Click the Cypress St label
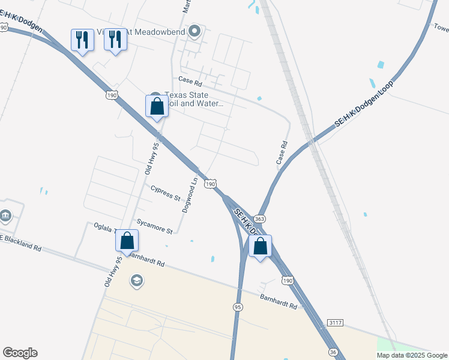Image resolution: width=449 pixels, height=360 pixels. [165, 191]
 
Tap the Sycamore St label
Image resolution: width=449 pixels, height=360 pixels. [155, 225]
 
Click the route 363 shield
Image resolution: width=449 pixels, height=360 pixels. [260, 218]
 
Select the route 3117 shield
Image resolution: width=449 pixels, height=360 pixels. [336, 323]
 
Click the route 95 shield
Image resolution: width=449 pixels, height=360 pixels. [238, 306]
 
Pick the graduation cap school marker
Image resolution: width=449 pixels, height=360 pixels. [137, 281]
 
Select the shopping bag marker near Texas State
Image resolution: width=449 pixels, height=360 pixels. [157, 106]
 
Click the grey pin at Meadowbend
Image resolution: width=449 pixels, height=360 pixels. [194, 31]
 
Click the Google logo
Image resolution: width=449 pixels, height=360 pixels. [20, 353]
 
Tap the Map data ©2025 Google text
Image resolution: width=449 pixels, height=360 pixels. [412, 355]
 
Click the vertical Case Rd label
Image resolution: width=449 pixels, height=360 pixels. [283, 154]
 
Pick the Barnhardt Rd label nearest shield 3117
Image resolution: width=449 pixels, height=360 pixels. [279, 301]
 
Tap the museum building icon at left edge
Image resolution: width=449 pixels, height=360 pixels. [5, 215]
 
